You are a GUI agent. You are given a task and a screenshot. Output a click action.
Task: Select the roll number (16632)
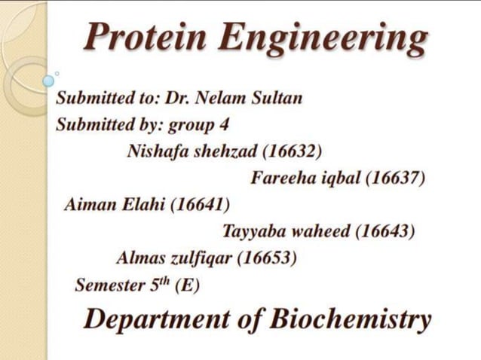point(293,151)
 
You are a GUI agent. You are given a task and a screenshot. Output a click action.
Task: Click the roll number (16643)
point(384,230)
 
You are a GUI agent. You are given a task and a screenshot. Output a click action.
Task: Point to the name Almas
point(140,258)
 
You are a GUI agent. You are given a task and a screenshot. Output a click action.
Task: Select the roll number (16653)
point(266,258)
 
